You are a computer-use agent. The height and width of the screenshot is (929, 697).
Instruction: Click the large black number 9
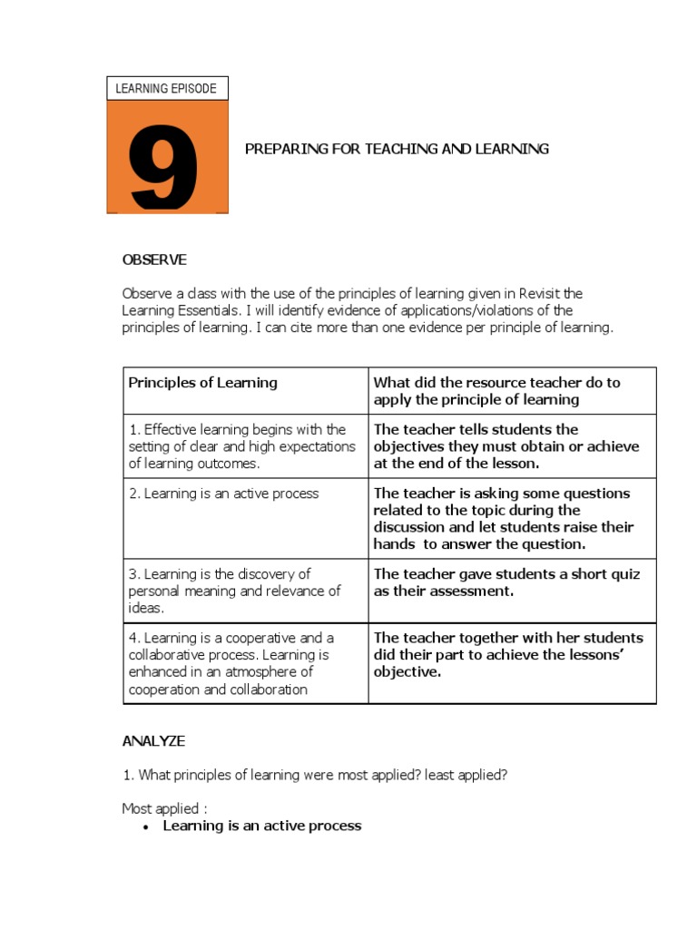pos(164,167)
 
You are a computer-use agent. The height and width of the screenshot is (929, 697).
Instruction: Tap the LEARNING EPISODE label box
pos(167,88)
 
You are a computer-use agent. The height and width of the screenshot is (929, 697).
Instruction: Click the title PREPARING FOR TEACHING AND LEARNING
pos(397,149)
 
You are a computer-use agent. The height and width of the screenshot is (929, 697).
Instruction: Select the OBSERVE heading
pos(154,260)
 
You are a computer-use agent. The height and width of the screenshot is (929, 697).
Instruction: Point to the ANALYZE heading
pos(153,741)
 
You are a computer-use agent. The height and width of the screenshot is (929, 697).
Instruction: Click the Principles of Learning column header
pos(203,383)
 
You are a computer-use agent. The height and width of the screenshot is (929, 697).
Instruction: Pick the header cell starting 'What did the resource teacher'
pos(497,391)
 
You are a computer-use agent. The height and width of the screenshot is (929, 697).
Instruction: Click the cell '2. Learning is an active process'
pos(223,494)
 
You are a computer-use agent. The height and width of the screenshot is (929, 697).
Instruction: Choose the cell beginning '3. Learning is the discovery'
pos(234,591)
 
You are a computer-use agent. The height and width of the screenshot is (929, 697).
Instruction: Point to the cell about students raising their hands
pos(504,519)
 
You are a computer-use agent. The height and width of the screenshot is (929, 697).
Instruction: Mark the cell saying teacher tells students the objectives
pos(506,446)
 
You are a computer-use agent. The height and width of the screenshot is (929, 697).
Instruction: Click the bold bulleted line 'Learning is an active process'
pos(262,826)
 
